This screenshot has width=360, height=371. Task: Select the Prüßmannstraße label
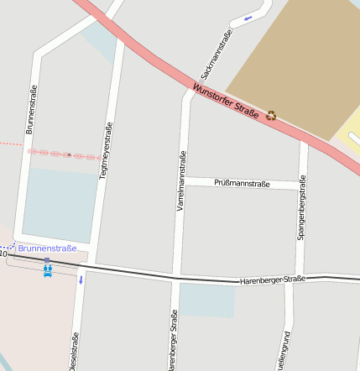click(242, 183)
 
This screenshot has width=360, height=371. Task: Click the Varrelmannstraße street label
click(181, 180)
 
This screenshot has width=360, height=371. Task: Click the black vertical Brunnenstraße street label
click(32, 109)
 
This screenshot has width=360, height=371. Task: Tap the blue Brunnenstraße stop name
click(48, 248)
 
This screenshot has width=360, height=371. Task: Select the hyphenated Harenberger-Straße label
click(272, 280)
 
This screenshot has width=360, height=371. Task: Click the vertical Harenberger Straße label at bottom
click(173, 341)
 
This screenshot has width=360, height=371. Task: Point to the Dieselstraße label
click(74, 351)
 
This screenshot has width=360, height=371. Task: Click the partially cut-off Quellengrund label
click(286, 353)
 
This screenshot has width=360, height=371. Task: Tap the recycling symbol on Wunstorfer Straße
click(271, 115)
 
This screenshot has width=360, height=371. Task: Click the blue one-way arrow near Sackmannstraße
click(248, 18)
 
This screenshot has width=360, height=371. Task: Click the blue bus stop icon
click(47, 269)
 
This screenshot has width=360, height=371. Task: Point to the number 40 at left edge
click(3, 253)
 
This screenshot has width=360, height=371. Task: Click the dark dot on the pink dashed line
click(69, 154)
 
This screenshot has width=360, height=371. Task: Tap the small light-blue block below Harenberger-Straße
click(206, 300)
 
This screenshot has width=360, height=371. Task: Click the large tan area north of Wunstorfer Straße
click(290, 63)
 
